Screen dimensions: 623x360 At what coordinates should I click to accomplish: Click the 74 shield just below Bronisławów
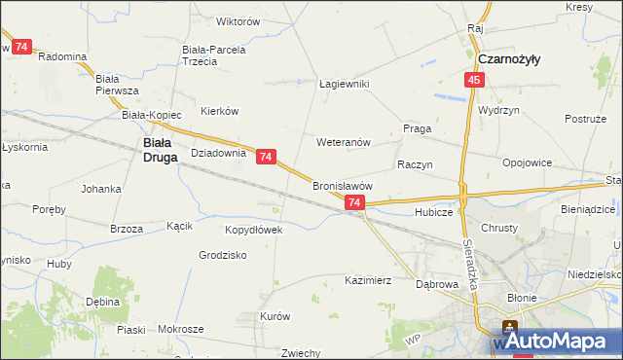point(354,202)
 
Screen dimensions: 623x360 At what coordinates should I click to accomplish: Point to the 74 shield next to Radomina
point(22,46)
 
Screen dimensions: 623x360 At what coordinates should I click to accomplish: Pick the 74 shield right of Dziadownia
point(267,156)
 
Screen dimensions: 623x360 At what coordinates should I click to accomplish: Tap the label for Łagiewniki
point(345,85)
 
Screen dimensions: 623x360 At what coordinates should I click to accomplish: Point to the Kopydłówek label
point(253,231)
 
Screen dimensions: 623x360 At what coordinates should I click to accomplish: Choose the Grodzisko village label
point(222,255)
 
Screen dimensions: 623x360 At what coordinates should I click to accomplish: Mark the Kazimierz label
point(368,280)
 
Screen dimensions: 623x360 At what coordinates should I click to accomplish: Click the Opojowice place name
point(528,162)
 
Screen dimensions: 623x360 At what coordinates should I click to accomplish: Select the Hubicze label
point(433,211)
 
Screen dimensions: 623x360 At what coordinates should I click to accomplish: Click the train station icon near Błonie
point(508,327)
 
